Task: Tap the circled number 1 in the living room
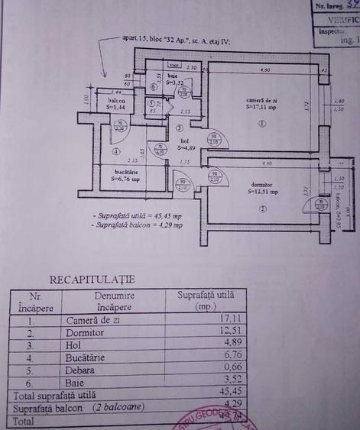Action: coord(261,123)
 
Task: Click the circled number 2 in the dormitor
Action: coord(261,209)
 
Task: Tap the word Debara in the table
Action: coord(81,370)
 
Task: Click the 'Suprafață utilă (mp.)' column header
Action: coord(206,299)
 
